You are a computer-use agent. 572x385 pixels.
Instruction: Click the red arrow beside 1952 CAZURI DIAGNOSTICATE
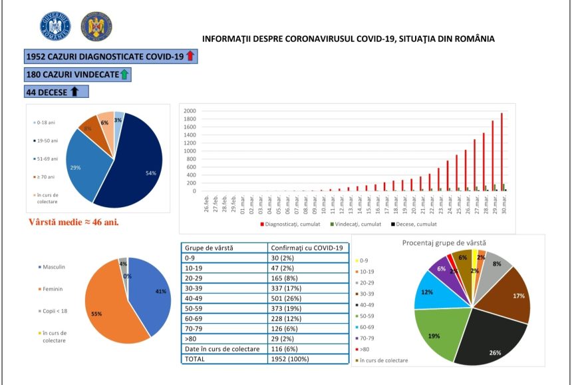tap(190, 57)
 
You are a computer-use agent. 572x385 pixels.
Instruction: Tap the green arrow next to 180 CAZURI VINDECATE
tap(124, 75)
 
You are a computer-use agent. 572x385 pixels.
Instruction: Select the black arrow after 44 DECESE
tap(74, 92)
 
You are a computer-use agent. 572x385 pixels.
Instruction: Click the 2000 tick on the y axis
tap(190, 111)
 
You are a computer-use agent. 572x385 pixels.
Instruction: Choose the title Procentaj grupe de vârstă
tap(448, 242)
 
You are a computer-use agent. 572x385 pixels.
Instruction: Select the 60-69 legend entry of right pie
tap(370, 326)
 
